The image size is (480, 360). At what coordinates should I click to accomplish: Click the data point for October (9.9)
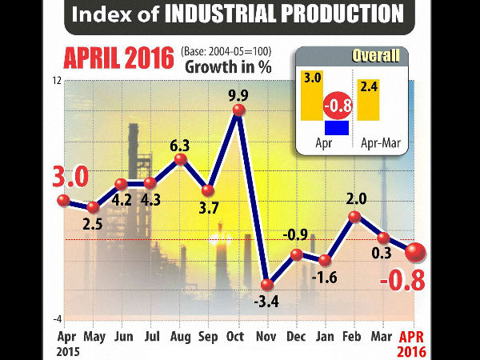[238, 111]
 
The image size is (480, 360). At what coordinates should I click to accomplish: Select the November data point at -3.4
[267, 284]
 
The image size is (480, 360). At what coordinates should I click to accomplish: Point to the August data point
[180, 159]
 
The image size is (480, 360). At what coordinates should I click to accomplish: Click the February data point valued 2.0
[354, 216]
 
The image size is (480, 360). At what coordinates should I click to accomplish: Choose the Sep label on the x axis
[208, 338]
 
